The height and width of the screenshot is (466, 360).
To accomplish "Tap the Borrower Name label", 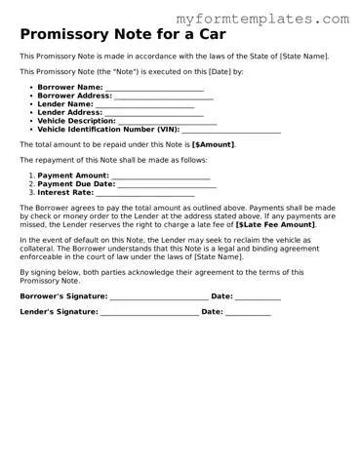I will click(x=69, y=88).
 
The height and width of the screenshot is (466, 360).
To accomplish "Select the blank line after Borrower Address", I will click(x=163, y=97).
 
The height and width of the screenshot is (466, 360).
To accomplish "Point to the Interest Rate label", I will click(x=64, y=192).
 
